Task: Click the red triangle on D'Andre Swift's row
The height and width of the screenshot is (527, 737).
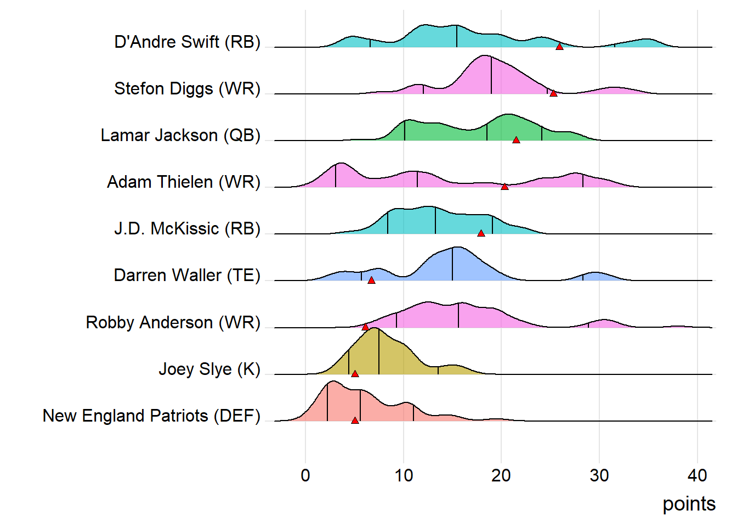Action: click(x=559, y=47)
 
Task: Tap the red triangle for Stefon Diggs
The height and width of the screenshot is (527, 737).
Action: click(x=553, y=93)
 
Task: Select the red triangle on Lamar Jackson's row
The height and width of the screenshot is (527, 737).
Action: click(x=516, y=140)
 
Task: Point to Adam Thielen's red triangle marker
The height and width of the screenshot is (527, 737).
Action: click(x=504, y=187)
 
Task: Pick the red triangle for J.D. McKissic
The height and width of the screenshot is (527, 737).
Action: click(x=481, y=233)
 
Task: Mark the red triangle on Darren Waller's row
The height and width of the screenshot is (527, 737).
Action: click(x=371, y=280)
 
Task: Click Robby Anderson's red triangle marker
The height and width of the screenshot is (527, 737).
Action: click(x=365, y=327)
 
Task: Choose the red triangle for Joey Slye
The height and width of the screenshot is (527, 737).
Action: click(x=355, y=374)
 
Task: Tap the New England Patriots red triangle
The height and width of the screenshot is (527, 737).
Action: click(x=355, y=421)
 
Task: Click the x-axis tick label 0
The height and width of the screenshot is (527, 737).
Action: click(x=305, y=475)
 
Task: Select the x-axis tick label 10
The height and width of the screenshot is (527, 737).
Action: click(x=404, y=475)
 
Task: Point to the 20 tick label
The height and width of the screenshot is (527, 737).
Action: click(x=501, y=475)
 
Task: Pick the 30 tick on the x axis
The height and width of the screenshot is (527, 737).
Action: click(x=599, y=475)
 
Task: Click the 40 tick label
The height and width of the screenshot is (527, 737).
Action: click(x=697, y=475)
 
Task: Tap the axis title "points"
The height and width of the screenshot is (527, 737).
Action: click(x=689, y=504)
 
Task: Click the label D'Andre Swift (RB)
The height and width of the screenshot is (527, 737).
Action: click(x=187, y=42)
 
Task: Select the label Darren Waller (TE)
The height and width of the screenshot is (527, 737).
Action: click(x=187, y=276)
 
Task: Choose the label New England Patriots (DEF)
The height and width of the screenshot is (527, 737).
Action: click(x=151, y=416)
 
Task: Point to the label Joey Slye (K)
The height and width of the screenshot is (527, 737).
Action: click(x=209, y=369)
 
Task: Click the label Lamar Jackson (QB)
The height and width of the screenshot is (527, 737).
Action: click(x=180, y=136)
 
